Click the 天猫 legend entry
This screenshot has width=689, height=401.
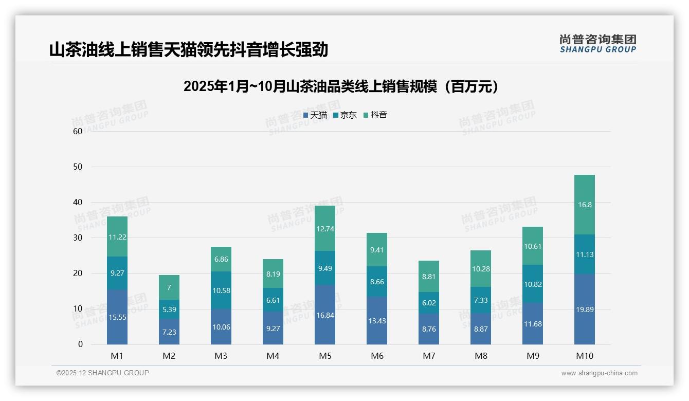315,115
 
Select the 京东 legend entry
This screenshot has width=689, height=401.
345,115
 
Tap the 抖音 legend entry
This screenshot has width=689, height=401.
375,115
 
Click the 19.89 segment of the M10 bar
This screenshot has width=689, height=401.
585,309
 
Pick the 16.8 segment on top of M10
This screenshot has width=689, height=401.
585,205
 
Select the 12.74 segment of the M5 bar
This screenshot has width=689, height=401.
325,228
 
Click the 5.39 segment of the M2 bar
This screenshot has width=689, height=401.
169,309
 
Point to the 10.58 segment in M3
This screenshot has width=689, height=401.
221,290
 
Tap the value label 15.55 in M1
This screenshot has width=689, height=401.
117,317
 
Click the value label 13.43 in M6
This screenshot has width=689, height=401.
377,321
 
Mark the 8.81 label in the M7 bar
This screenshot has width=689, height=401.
429,277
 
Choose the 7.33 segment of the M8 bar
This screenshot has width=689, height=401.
481,300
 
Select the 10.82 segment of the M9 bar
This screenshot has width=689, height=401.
533,284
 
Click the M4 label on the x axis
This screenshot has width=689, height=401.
273,356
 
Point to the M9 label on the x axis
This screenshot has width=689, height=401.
533,356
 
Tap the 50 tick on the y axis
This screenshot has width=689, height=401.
78,167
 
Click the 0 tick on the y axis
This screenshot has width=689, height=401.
80,344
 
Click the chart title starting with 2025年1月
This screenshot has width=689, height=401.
341,86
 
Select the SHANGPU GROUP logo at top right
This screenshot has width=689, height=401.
597,44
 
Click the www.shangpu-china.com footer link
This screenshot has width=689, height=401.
599,373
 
